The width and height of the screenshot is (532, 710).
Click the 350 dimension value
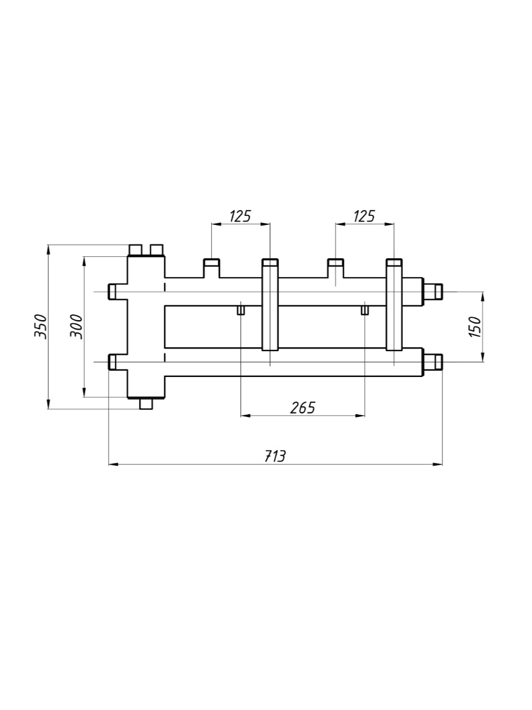click(x=41, y=326)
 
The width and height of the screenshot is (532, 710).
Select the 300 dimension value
click(x=77, y=326)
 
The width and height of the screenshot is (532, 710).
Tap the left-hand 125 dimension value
click(x=240, y=216)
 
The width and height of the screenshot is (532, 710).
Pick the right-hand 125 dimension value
click(x=364, y=216)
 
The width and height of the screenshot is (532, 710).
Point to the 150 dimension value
click(x=476, y=326)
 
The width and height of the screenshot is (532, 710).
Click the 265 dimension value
click(x=302, y=407)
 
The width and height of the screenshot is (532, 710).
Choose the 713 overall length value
click(x=275, y=456)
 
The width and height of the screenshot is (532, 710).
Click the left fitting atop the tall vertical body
click(x=136, y=250)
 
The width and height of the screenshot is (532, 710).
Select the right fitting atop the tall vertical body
click(x=157, y=250)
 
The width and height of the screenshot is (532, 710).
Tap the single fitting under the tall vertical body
click(x=146, y=403)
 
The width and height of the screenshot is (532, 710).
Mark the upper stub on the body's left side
click(x=113, y=292)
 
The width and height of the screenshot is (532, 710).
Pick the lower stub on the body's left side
click(x=113, y=362)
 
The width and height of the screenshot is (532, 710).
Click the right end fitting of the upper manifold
click(x=433, y=292)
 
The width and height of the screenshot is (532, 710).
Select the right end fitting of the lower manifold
click(x=433, y=362)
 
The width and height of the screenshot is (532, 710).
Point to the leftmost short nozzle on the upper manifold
click(x=212, y=268)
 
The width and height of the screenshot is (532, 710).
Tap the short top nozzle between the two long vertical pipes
click(x=336, y=268)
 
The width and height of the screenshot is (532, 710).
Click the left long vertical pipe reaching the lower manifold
click(x=270, y=304)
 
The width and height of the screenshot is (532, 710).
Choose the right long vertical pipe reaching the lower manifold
click(x=394, y=304)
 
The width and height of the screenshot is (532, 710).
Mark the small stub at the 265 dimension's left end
click(x=241, y=310)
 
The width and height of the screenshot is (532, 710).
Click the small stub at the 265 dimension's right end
click(x=365, y=310)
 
